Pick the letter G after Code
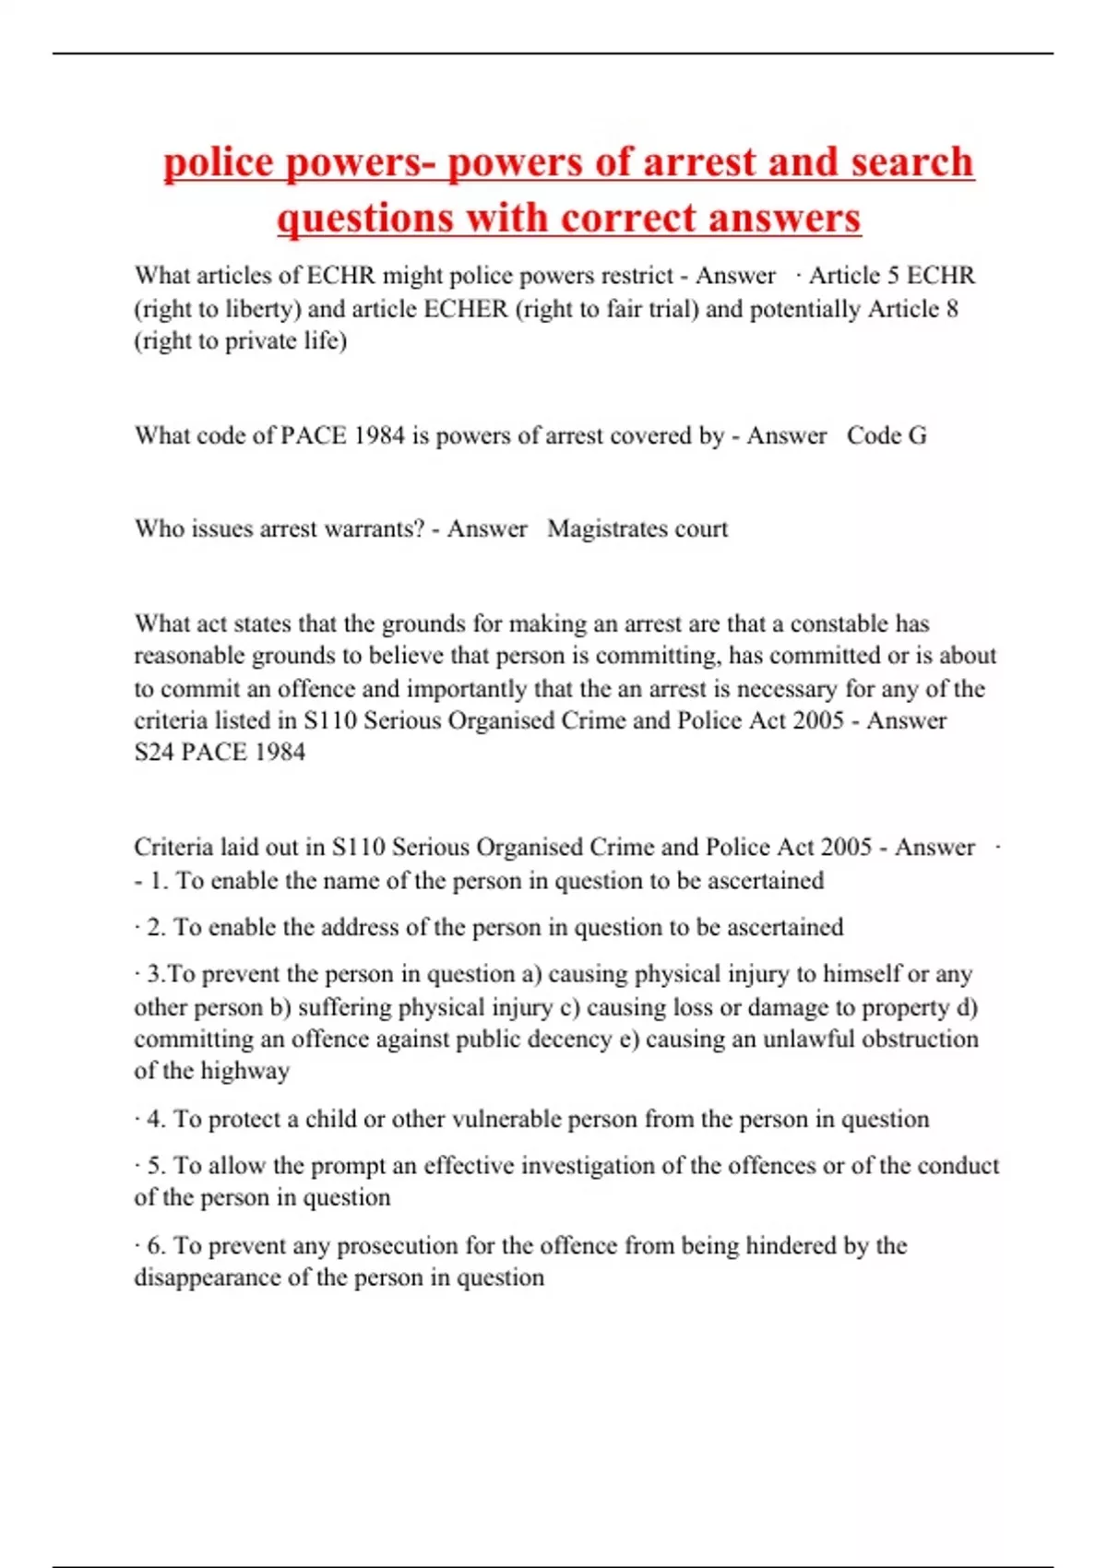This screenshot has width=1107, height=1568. (917, 435)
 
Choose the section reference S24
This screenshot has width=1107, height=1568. (153, 752)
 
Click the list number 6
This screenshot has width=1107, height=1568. (156, 1245)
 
